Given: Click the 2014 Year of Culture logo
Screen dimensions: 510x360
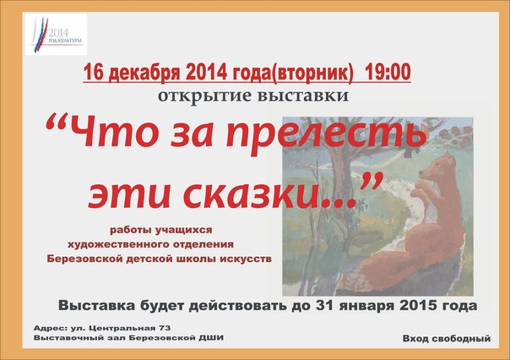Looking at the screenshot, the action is pos(57,34).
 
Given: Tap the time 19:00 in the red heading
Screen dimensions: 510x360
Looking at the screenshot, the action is pos(388,72).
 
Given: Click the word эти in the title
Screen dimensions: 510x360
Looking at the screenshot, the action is pos(129,194).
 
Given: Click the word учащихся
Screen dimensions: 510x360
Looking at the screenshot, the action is pos(184,230).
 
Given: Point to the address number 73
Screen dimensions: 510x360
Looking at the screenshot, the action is pos(165,328).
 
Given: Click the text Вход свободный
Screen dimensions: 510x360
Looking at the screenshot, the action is pos(447,339).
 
